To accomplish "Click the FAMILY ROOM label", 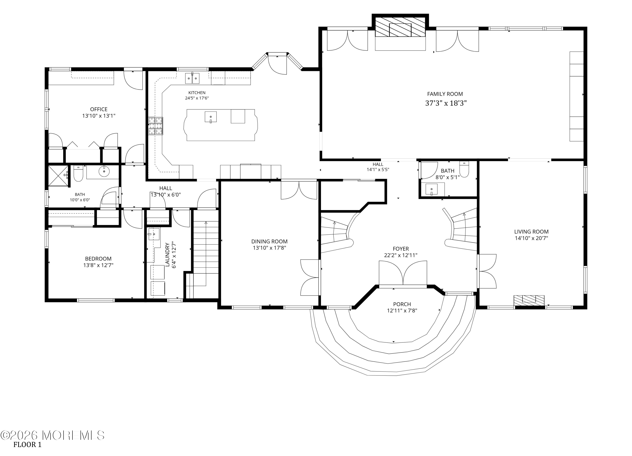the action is (x=445, y=94).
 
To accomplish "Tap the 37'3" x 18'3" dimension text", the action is (x=446, y=103).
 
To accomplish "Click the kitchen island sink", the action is (x=211, y=117).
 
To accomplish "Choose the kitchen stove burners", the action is (x=155, y=126).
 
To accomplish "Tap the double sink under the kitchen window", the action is (x=192, y=78).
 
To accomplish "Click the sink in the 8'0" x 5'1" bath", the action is (x=432, y=190).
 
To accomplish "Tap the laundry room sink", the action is (x=154, y=234).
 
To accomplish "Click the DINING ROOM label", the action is (x=269, y=242).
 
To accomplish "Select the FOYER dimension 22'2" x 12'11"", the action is (x=401, y=255).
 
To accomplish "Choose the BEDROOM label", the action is (x=98, y=259).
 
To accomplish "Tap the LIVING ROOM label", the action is (x=531, y=232).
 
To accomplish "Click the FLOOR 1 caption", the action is (x=27, y=445).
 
